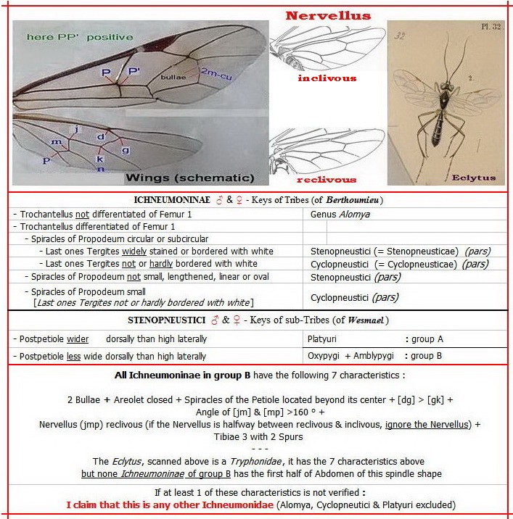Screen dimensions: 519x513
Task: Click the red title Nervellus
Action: click(x=328, y=15)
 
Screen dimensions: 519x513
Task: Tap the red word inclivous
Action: click(x=327, y=78)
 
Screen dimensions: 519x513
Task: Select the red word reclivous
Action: click(x=327, y=179)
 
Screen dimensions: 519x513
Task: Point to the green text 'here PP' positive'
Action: click(x=80, y=37)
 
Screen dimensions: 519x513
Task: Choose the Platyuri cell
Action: click(x=322, y=339)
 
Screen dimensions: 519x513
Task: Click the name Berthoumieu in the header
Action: click(x=347, y=200)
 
